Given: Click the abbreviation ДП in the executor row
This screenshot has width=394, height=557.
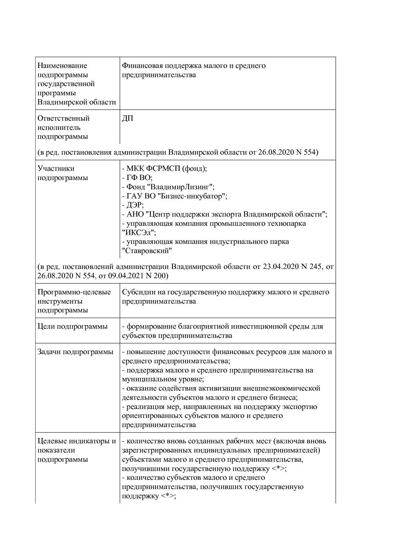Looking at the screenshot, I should tap(127, 118).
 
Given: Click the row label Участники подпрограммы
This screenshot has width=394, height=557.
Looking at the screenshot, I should tap(63, 173).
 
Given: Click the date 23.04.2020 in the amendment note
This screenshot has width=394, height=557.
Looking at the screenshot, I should tap(281, 266).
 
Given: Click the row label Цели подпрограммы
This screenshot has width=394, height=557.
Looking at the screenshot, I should tap(72, 326).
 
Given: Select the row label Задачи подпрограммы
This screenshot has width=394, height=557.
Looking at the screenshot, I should tap(75, 352).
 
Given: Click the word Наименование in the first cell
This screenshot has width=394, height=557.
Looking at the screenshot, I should tap(62, 66).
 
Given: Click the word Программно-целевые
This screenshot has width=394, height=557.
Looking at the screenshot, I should tap(74, 292).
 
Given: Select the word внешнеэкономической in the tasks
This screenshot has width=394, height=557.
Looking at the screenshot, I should tap(281, 388).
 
